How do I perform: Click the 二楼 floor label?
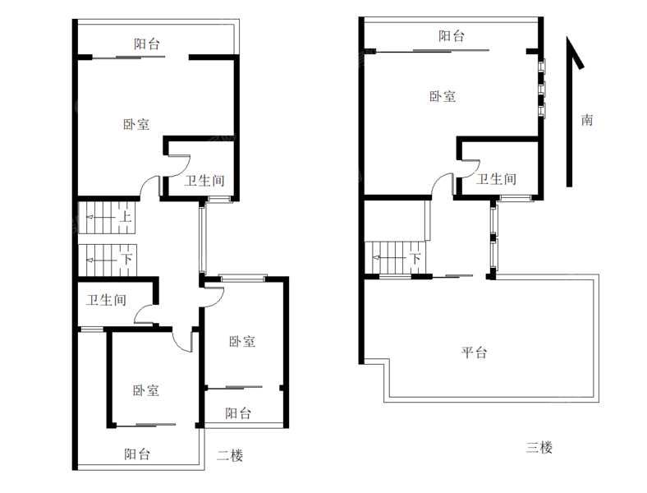click(x=230, y=455)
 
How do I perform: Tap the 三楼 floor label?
click(x=539, y=448)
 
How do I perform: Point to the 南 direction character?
click(x=587, y=120)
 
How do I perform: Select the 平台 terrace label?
click(x=473, y=353)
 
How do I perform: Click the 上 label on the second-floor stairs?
click(x=126, y=218)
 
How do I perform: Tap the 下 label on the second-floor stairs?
click(x=126, y=260)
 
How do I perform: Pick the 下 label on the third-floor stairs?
click(x=415, y=259)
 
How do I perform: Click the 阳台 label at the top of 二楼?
click(x=147, y=44)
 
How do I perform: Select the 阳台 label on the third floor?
click(x=451, y=36)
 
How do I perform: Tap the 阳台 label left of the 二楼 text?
click(x=137, y=453)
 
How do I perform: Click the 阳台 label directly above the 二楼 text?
click(x=238, y=413)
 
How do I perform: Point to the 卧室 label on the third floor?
click(x=443, y=96)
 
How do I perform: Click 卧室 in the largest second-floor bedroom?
click(x=136, y=125)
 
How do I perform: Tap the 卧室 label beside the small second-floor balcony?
click(x=242, y=341)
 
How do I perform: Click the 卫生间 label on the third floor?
click(x=497, y=179)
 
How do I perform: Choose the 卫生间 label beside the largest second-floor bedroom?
click(x=204, y=181)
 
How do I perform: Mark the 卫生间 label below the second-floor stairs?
click(x=107, y=301)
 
